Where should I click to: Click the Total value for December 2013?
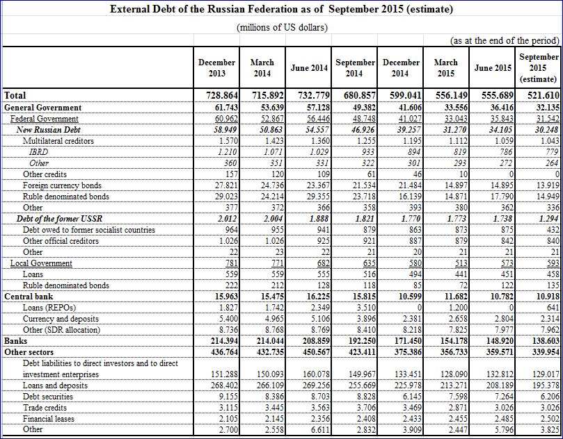(222, 95)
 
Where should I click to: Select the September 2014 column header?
(354, 68)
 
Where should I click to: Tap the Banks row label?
(15, 341)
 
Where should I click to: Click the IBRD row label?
(38, 152)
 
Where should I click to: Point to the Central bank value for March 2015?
(452, 297)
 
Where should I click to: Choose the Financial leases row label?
(49, 419)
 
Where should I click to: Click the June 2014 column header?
(309, 68)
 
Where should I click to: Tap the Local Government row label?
(41, 263)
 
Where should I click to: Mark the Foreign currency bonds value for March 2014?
(272, 185)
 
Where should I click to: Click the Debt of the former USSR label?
(60, 219)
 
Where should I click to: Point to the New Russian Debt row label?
(49, 130)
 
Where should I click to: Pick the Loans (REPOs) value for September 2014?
(366, 308)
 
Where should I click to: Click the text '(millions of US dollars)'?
(282, 28)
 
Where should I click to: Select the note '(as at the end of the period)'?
(505, 40)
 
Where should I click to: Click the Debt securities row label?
(48, 397)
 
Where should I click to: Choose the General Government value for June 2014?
(314, 108)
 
